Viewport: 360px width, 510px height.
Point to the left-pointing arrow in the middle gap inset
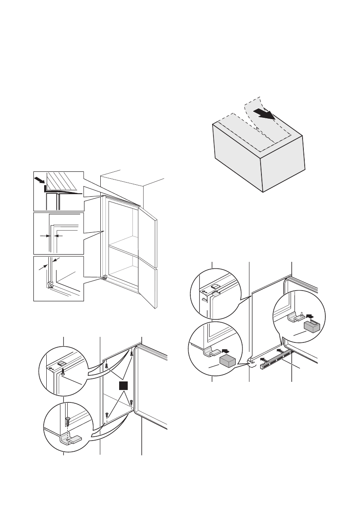(x=59, y=236)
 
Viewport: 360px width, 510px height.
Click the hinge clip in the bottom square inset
(x=51, y=285)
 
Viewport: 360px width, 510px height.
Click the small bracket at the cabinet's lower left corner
(x=104, y=277)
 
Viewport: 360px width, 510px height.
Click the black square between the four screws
(x=123, y=386)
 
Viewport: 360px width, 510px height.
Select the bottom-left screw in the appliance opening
(x=107, y=414)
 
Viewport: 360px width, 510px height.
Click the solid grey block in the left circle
(x=228, y=361)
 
